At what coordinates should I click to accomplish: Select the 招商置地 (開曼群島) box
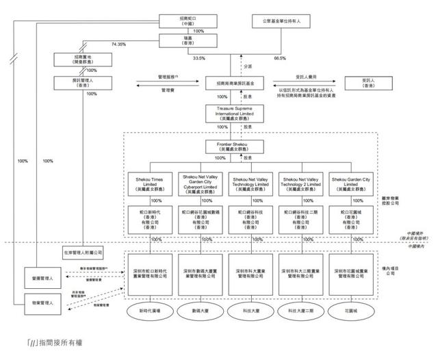click(77, 59)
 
